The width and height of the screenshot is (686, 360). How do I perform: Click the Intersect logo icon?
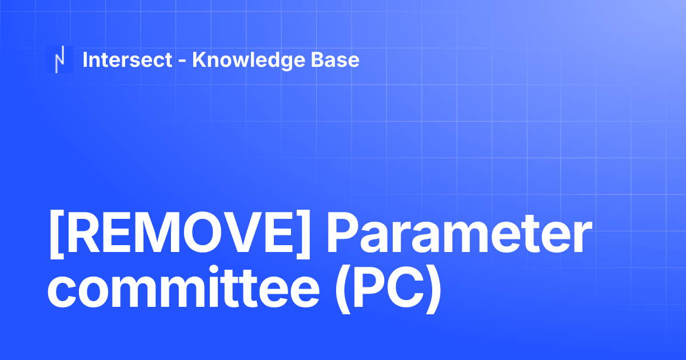(x=59, y=59)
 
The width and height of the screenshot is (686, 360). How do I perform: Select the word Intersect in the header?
(x=127, y=59)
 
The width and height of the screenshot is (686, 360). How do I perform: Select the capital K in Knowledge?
(x=199, y=59)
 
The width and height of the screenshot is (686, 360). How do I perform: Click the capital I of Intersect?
(x=85, y=59)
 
